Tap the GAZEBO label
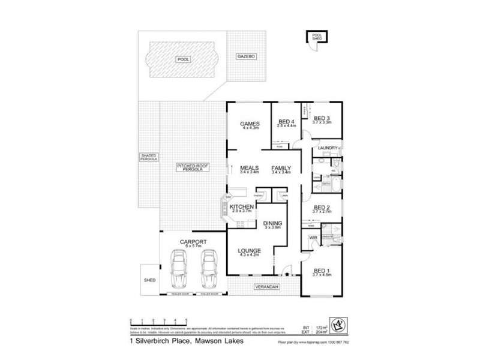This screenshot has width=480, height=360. point(246,55)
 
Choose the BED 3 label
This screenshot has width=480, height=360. point(322,119)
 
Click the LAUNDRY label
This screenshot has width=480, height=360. point(329,146)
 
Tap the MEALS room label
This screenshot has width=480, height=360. point(249,169)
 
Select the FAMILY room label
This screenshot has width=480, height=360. point(281,169)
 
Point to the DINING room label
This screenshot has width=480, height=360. point(273,224)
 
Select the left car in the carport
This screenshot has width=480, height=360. point(178,268)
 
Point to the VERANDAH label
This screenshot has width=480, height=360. point(264,287)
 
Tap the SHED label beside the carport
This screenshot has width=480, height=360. point(149,279)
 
